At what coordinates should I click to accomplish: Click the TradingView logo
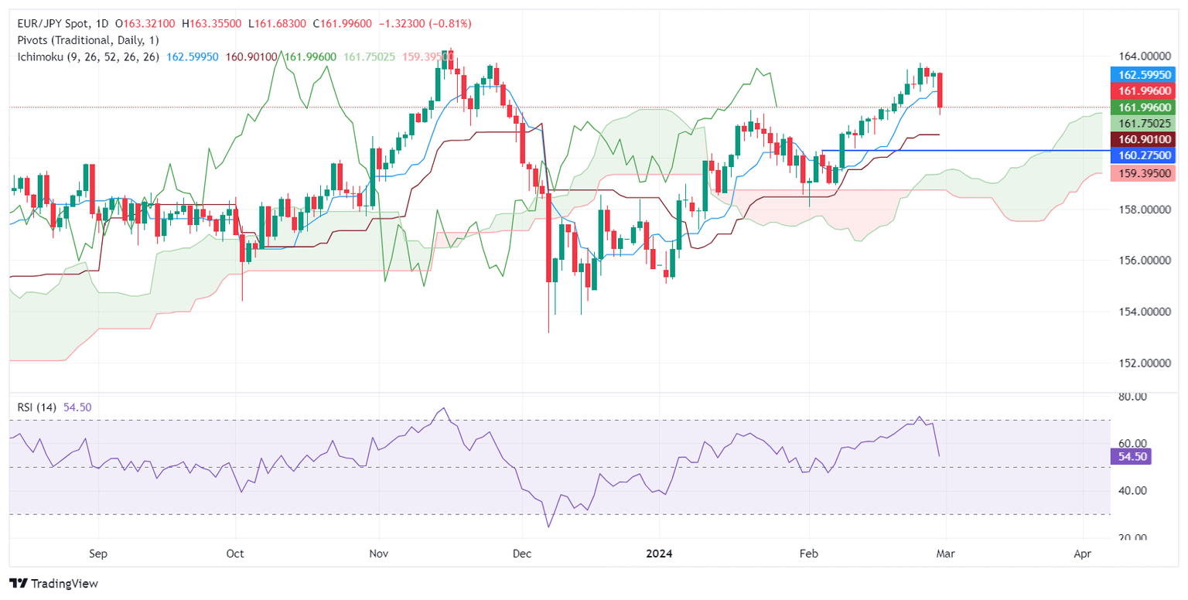[53, 583]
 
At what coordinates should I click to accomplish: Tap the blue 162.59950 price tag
[1143, 75]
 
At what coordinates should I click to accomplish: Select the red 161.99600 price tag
[1143, 91]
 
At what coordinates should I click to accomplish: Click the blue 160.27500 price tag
[1143, 155]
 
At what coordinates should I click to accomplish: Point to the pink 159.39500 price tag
[1143, 173]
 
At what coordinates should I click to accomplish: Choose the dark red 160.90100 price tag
[1143, 139]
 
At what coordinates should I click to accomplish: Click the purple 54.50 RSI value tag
[1132, 456]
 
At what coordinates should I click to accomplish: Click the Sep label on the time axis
[98, 554]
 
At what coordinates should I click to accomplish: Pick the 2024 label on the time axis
[659, 554]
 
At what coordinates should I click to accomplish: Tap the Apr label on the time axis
[1083, 554]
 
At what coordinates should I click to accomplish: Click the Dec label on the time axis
[523, 554]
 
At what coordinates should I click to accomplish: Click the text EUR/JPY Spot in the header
[50, 24]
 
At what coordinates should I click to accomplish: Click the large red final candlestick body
[940, 90]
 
